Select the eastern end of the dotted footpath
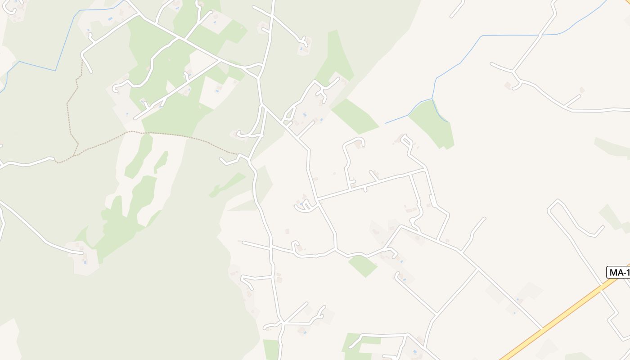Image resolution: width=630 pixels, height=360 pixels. (237, 154)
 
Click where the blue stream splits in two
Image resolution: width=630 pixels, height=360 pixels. (432, 99)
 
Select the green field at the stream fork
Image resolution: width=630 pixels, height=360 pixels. (432, 124)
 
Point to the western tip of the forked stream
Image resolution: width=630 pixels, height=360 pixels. (385, 123)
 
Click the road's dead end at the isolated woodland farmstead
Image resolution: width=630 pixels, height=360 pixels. (83, 253)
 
